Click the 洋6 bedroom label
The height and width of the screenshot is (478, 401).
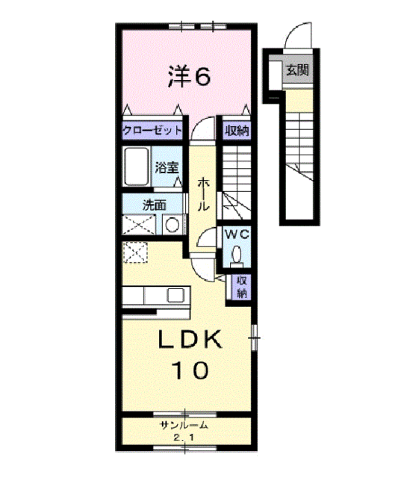pos(189,76)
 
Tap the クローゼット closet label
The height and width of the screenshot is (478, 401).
pos(152,131)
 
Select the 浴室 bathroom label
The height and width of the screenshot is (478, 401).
pos(167,167)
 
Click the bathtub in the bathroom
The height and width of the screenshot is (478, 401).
pos(136,166)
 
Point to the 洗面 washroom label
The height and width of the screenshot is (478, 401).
pos(155,205)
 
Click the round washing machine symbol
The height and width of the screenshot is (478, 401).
pos(172,225)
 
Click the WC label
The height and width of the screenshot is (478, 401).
pos(237,235)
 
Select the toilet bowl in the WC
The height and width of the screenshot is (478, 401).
pos(237,253)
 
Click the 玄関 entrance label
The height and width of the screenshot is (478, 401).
pos(297,70)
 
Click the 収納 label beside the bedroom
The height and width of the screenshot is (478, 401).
pos(237,131)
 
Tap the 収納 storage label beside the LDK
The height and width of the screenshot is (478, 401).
pos(241,288)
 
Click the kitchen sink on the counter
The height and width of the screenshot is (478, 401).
pos(175,295)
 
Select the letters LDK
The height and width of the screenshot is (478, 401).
pos(189,338)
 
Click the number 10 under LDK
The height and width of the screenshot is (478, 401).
pos(190,370)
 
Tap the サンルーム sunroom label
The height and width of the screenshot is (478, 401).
pos(184,425)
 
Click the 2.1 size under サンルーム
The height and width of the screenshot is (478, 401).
pos(184,438)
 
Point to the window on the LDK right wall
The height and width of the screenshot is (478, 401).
pos(255,338)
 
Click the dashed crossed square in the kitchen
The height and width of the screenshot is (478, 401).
pos(135,252)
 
